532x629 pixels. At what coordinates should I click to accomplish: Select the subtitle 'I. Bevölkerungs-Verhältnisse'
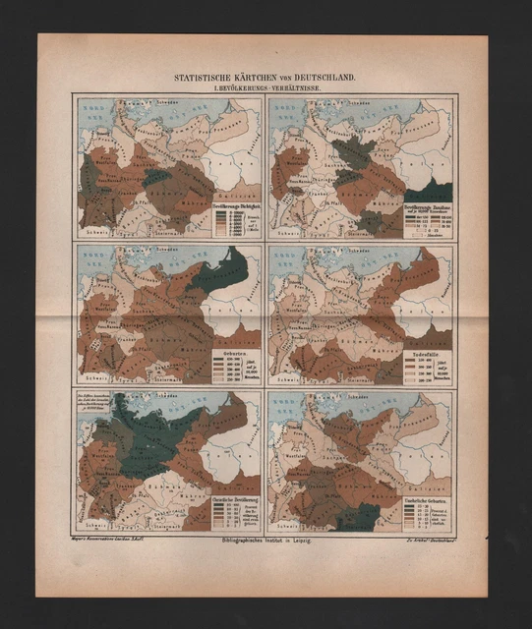pyautogui.click(x=265, y=87)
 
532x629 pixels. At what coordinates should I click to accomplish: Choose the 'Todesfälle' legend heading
pyautogui.click(x=426, y=353)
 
